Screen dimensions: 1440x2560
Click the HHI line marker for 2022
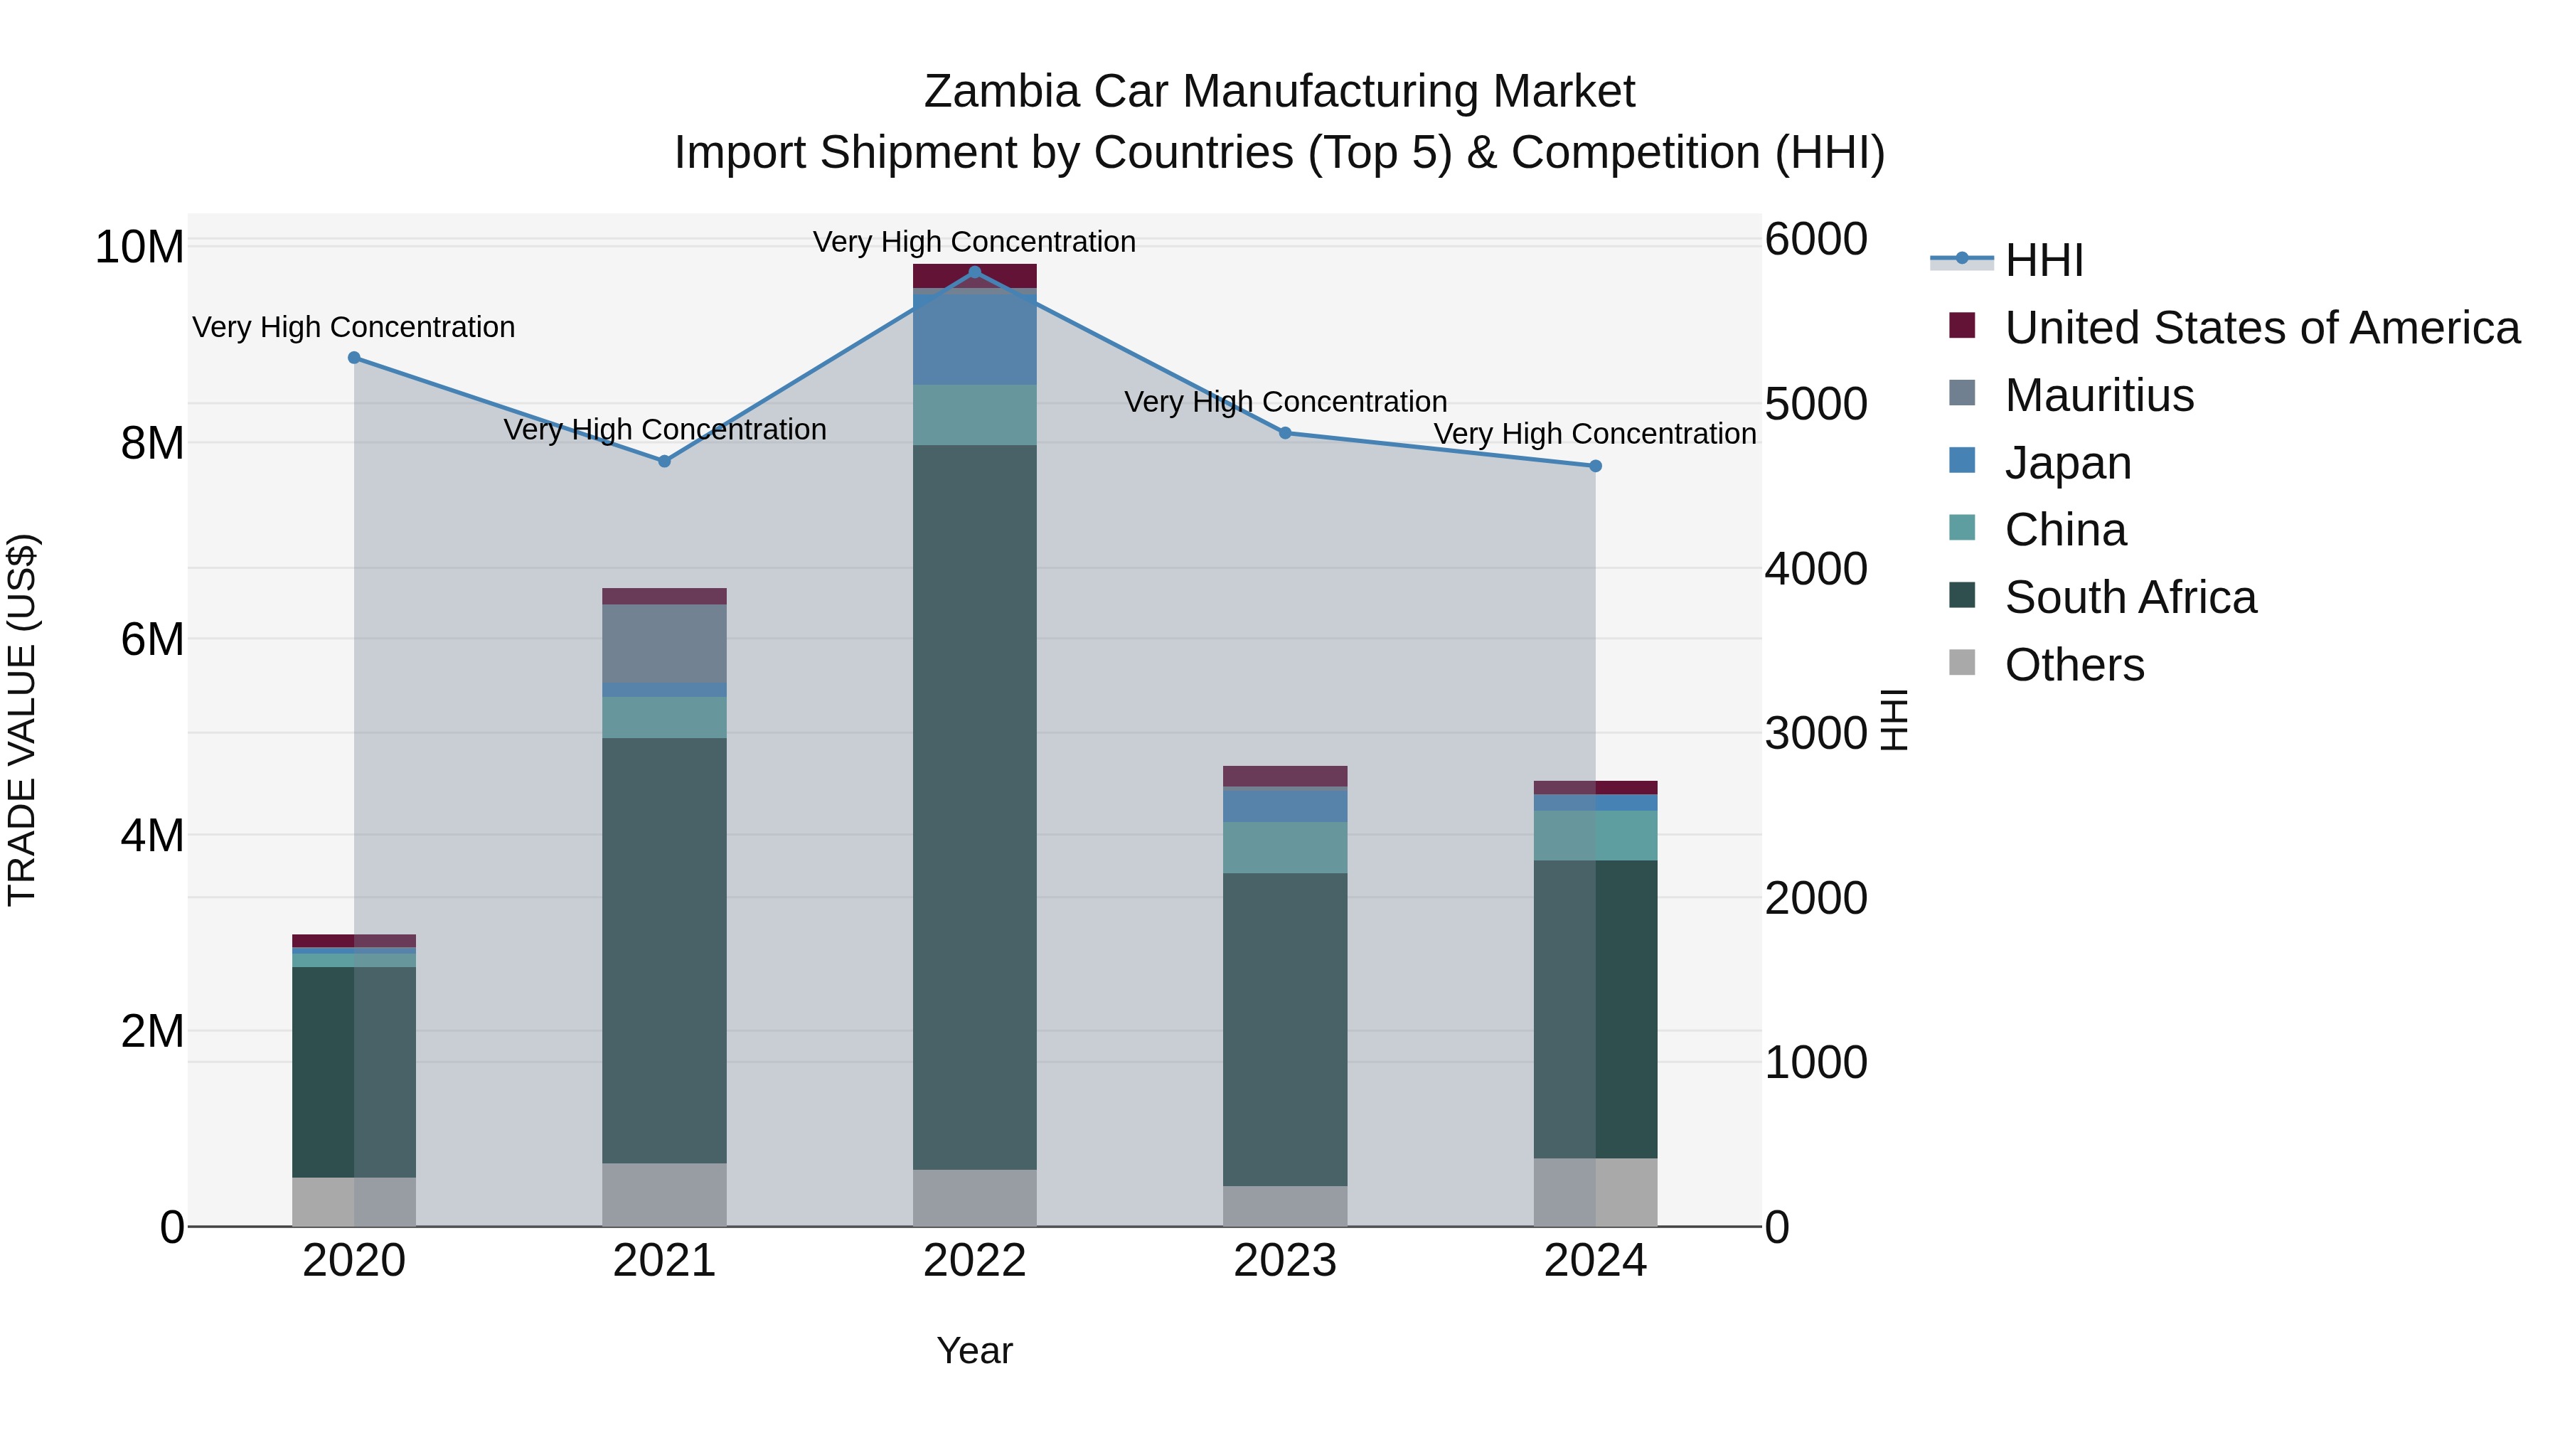[x=974, y=272]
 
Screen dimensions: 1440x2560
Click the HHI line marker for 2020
[x=354, y=358]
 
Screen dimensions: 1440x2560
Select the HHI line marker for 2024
[x=1595, y=466]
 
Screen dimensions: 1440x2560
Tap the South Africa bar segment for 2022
[x=974, y=805]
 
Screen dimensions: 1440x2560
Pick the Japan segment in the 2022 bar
[x=974, y=338]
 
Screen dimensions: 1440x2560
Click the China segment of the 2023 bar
[x=1284, y=847]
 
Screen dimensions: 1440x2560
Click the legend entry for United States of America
[x=2261, y=328]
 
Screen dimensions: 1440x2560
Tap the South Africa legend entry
[x=2130, y=597]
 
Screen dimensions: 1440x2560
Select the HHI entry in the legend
[x=2043, y=260]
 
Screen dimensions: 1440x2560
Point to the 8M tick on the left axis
[x=152, y=443]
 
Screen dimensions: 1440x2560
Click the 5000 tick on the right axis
[x=1815, y=405]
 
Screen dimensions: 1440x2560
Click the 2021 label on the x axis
[x=664, y=1261]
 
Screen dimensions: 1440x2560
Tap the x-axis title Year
[x=974, y=1350]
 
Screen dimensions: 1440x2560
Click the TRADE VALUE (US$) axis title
[x=22, y=720]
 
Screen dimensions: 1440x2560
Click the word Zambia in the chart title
[x=1001, y=92]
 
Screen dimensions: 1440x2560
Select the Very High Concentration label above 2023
[x=1284, y=402]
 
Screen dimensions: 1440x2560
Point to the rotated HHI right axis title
[x=1894, y=720]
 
